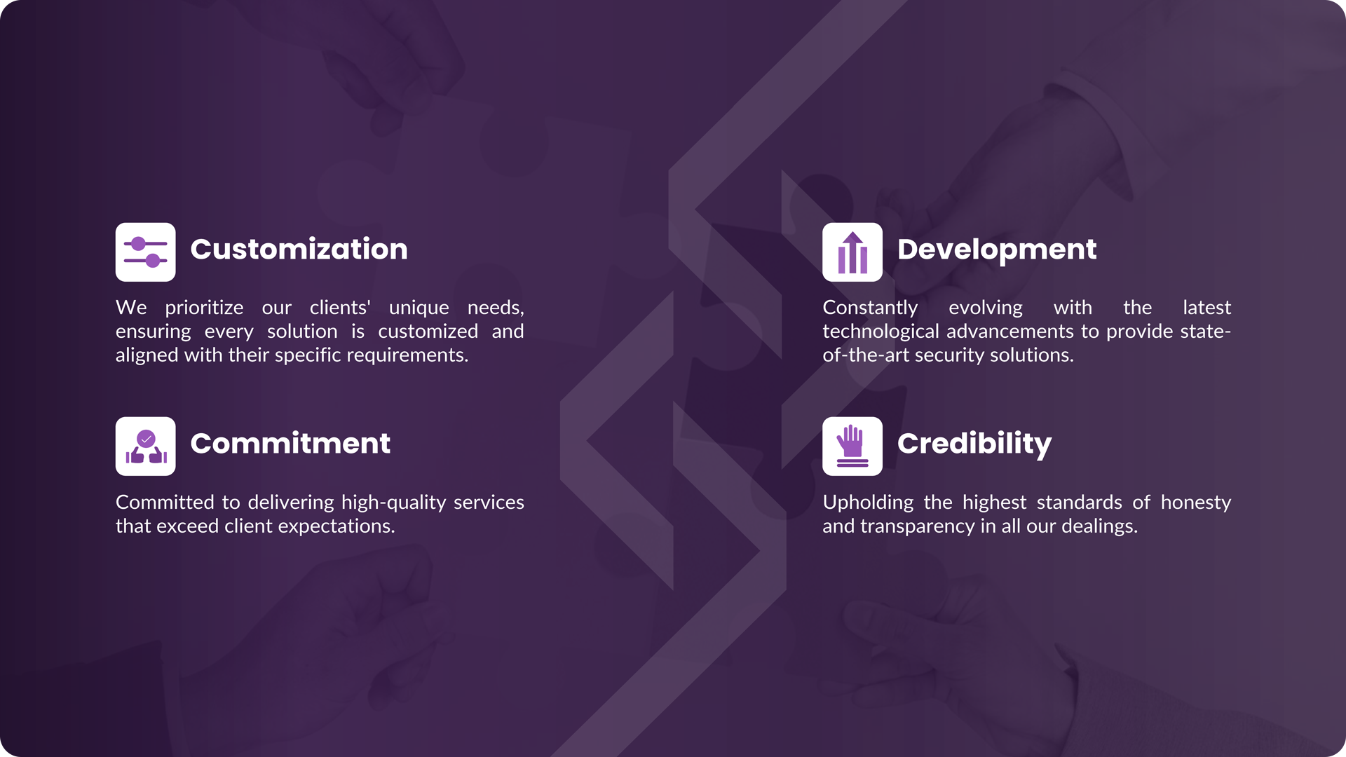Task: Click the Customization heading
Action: click(x=299, y=250)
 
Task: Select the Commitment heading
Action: click(x=290, y=444)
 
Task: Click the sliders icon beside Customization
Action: click(x=146, y=252)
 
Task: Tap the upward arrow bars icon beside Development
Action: click(x=852, y=252)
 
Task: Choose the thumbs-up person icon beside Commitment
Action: click(x=146, y=446)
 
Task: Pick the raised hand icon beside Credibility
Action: click(x=852, y=446)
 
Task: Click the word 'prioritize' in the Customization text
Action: click(x=204, y=308)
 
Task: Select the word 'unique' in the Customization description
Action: click(x=419, y=308)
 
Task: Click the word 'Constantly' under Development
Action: click(x=870, y=308)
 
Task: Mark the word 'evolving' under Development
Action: click(x=986, y=308)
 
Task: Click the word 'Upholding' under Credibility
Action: click(x=868, y=503)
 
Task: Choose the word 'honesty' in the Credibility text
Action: click(x=1196, y=503)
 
